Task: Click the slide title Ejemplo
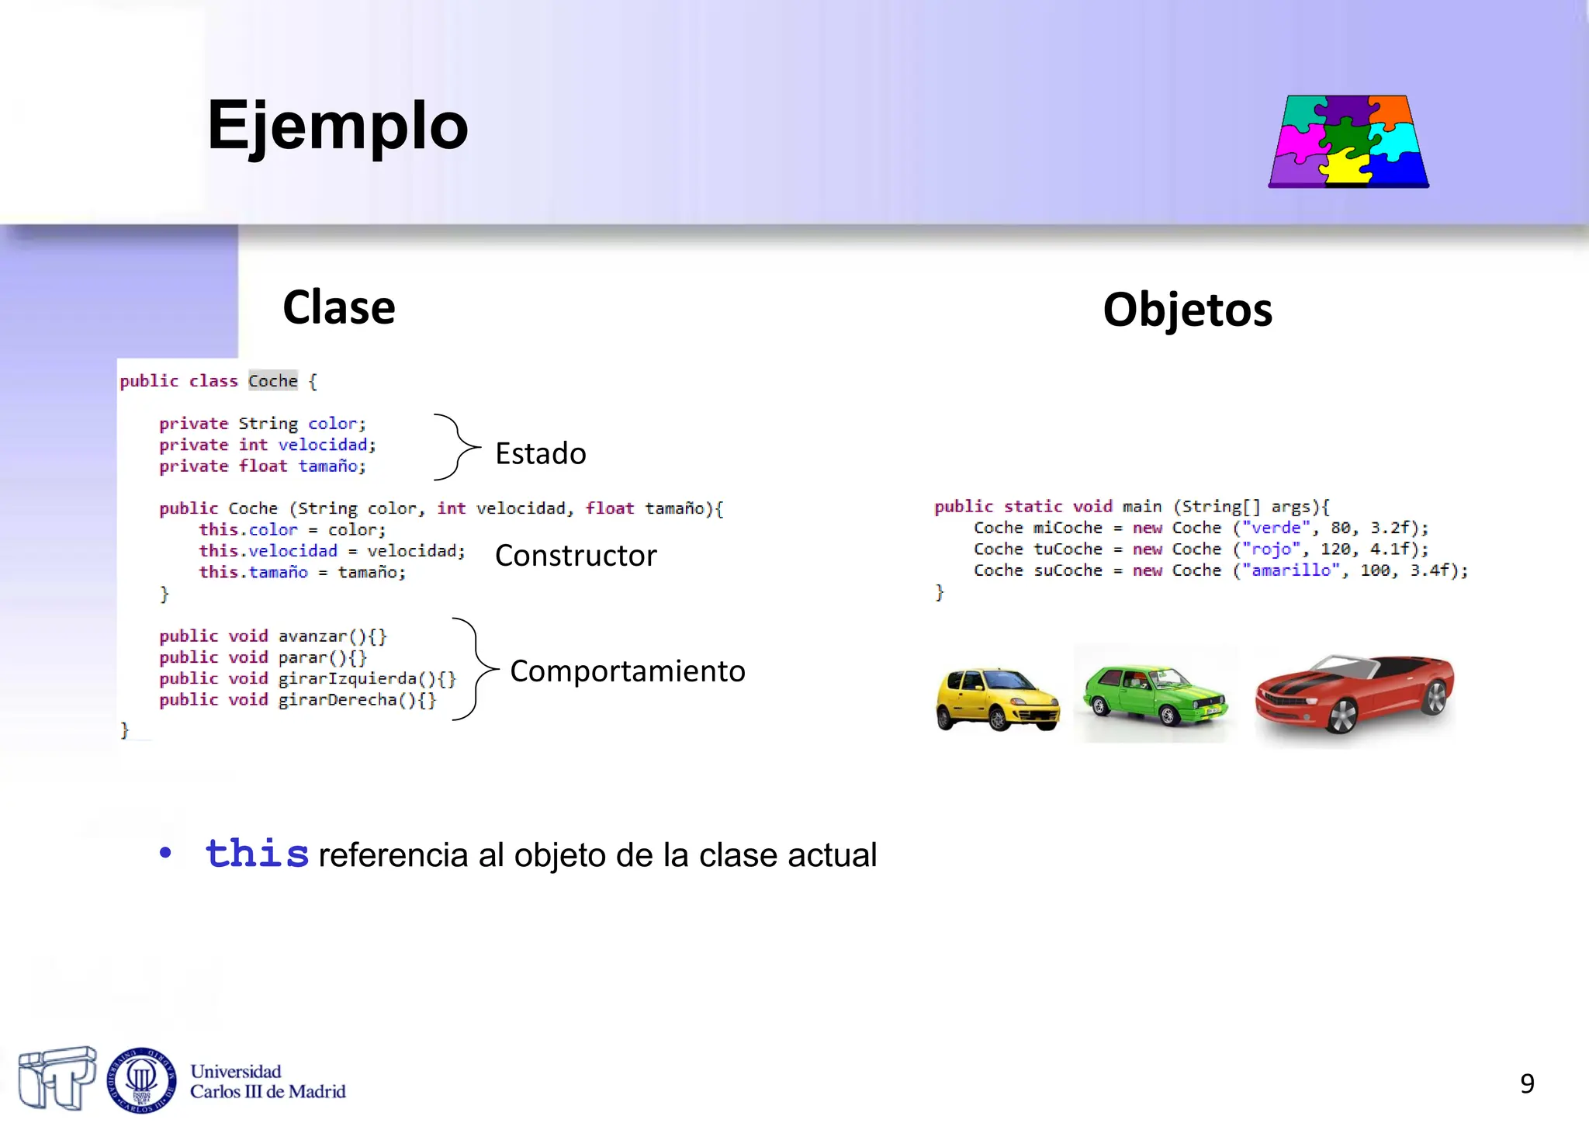(x=338, y=126)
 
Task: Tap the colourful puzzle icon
(x=1348, y=141)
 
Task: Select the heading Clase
(x=339, y=307)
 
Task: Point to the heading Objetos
(x=1187, y=310)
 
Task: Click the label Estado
(x=541, y=454)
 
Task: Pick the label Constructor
(x=576, y=556)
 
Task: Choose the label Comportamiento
(x=627, y=671)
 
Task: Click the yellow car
(x=997, y=698)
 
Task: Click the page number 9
(x=1527, y=1083)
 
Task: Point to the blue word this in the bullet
(x=257, y=854)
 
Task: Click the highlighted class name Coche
(x=273, y=381)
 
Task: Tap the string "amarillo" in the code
(x=1290, y=570)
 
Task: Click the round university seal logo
(x=141, y=1080)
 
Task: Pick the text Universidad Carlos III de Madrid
(x=268, y=1082)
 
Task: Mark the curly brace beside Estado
(x=458, y=447)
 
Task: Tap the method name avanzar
(x=313, y=636)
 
